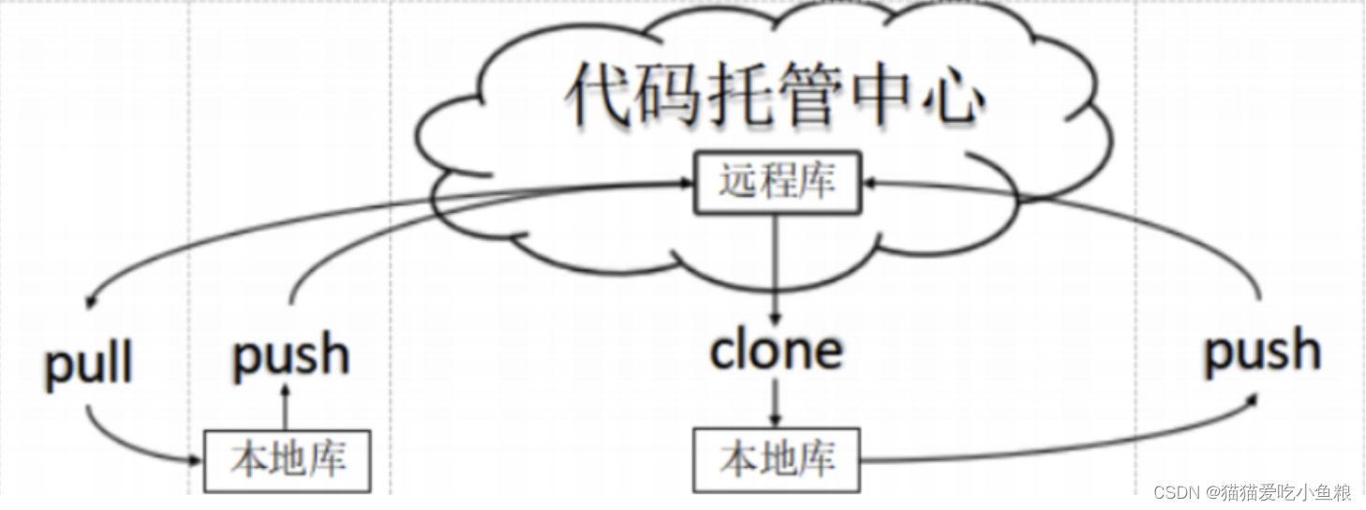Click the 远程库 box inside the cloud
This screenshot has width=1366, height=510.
pos(776,181)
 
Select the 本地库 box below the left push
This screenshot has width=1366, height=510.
pos(288,459)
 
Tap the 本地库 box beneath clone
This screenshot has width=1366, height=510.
pos(776,459)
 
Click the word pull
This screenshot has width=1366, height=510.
pos(89,365)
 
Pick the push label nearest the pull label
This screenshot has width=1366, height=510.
pos(290,355)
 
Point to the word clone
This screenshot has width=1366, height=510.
pos(776,350)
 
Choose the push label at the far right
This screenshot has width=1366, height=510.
pos(1262,350)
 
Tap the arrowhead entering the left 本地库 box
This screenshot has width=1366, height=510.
pos(198,459)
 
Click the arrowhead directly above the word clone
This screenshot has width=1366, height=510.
pos(776,316)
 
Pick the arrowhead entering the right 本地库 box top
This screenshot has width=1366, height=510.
pos(776,422)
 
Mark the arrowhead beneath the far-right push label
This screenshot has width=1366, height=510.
pos(1252,401)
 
